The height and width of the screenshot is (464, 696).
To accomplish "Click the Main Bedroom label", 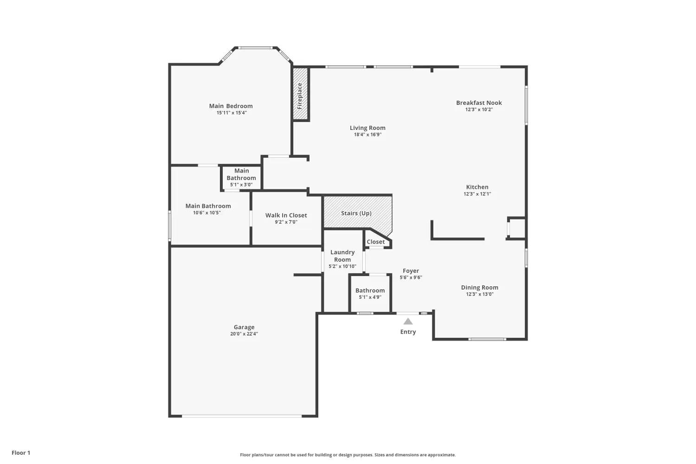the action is point(231,106).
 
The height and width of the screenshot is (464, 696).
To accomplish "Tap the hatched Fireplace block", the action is point(300,94).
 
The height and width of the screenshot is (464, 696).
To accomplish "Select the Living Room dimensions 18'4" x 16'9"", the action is point(367,135).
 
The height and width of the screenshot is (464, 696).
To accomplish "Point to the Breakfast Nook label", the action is point(479,103).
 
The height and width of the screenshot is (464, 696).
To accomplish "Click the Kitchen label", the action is point(477,187).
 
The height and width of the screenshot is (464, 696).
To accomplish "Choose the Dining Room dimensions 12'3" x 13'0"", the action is point(480,294).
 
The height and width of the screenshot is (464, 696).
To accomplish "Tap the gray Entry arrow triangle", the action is point(408,322).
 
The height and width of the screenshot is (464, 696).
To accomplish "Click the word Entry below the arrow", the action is point(408,332).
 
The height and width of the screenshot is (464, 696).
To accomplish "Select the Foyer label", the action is point(411,271).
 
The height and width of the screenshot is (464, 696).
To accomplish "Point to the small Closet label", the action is point(376,242).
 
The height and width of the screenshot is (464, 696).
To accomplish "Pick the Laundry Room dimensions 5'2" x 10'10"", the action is point(342,266).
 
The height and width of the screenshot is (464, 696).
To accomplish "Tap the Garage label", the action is point(244,327).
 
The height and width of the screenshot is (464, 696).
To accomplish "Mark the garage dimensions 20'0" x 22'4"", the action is point(244,334).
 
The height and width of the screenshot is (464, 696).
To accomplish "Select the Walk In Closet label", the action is point(286,215).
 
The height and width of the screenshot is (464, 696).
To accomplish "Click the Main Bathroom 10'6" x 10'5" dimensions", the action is point(207,213).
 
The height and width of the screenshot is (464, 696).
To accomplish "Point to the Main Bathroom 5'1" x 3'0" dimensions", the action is point(241,185).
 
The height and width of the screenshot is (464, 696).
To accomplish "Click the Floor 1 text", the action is point(21,453).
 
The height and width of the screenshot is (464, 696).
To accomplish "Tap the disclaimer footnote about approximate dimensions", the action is point(348,455).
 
